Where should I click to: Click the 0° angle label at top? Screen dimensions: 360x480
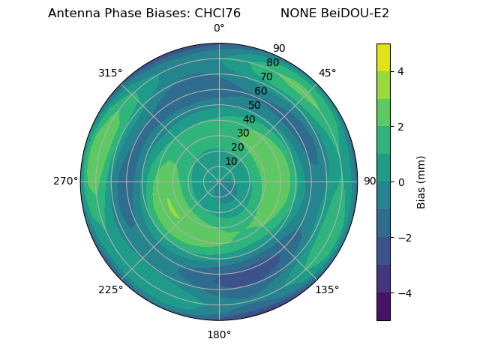point(219,28)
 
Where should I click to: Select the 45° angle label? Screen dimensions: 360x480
point(327,73)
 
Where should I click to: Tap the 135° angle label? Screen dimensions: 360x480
point(327,289)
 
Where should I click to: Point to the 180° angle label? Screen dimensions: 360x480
point(219,334)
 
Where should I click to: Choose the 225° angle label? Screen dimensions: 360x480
point(110,289)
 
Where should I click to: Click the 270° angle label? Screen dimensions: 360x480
point(65,181)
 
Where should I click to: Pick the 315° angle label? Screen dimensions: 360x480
point(110,73)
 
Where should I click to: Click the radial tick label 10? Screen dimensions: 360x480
point(231,161)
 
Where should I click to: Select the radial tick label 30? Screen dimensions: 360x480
point(243,133)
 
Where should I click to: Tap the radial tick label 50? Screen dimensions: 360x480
point(255,106)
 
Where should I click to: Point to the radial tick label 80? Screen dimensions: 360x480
point(273,63)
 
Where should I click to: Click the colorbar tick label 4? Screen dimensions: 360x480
point(400,71)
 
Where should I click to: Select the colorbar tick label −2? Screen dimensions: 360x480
point(403,238)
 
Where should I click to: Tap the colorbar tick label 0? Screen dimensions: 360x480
point(400,182)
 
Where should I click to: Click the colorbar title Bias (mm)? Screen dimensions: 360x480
point(421,181)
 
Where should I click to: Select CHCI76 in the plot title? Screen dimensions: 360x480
point(214,13)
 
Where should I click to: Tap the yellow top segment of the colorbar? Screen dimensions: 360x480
point(383,57)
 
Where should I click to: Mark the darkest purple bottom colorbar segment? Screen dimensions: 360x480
point(383,307)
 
